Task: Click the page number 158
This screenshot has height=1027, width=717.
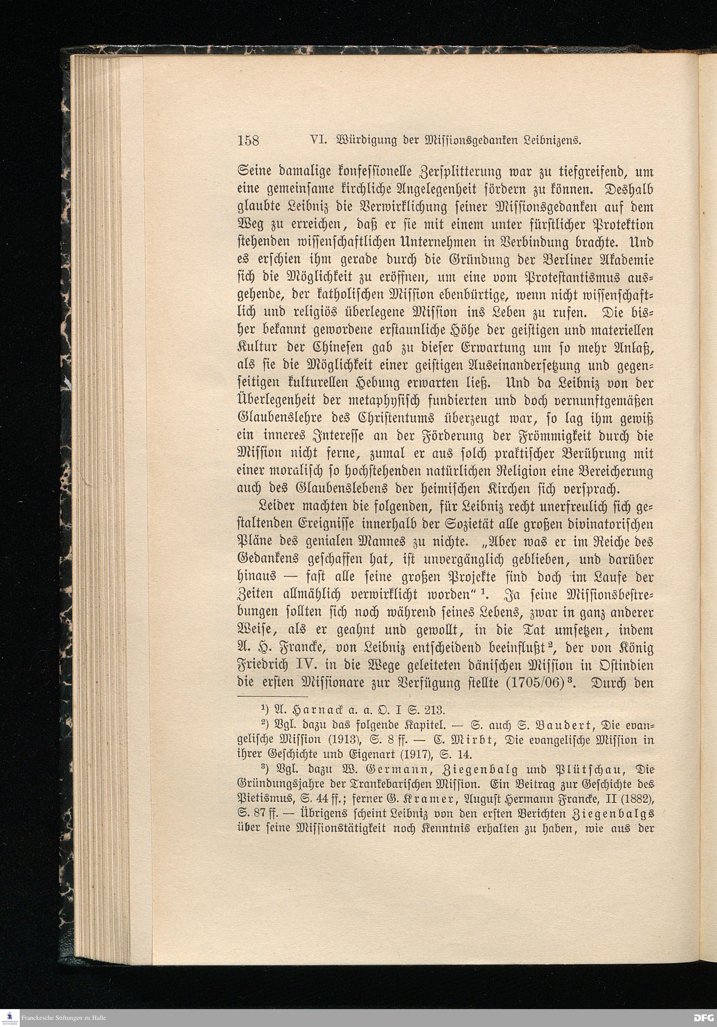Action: pos(248,140)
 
